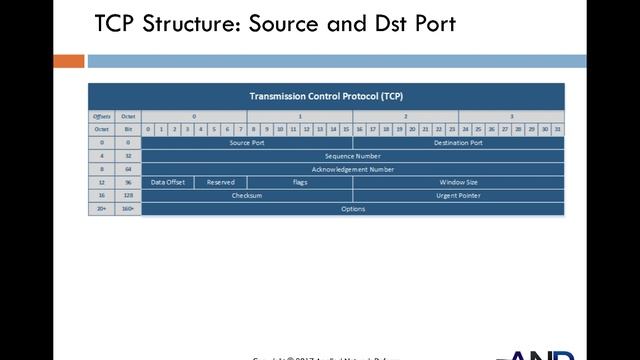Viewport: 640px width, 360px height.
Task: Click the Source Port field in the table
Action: (x=246, y=143)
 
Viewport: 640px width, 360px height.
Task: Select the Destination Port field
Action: (x=458, y=143)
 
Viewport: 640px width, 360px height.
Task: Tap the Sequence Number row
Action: (x=352, y=156)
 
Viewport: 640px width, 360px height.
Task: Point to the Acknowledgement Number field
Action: (x=352, y=169)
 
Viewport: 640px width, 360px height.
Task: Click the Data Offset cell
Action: (x=168, y=183)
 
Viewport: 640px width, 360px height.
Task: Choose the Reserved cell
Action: (x=220, y=183)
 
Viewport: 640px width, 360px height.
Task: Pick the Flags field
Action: (x=299, y=183)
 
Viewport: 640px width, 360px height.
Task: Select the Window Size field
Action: (x=458, y=183)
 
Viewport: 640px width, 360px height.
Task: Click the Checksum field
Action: (x=246, y=196)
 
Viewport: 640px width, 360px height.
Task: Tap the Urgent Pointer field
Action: (x=458, y=196)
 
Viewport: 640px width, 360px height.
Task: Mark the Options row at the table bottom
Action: (x=352, y=209)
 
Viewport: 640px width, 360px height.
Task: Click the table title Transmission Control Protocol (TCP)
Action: (x=326, y=96)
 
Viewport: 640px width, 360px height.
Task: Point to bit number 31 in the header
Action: (x=557, y=129)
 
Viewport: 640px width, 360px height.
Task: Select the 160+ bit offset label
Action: (x=128, y=209)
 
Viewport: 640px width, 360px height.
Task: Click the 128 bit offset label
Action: (x=128, y=196)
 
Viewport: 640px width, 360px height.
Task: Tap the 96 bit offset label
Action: (x=128, y=183)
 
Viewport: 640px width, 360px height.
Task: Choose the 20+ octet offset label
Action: (x=101, y=209)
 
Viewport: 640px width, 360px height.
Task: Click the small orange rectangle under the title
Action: (x=69, y=61)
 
